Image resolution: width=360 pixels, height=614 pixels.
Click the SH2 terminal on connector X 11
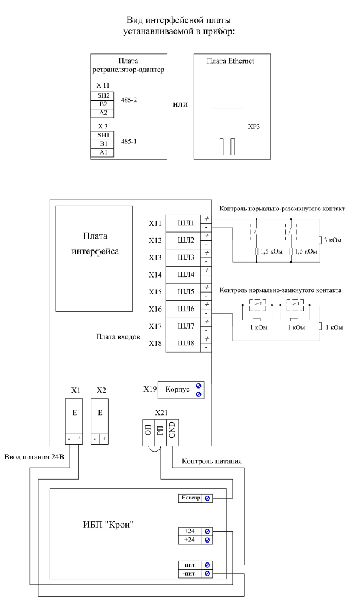point(102,96)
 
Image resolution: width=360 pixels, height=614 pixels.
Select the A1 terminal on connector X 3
point(102,153)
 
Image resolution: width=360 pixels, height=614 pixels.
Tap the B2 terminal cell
point(102,104)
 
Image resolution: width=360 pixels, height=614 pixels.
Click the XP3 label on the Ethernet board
point(253,127)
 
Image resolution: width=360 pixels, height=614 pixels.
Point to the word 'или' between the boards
point(180,104)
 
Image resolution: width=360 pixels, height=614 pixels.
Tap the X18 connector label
point(155,344)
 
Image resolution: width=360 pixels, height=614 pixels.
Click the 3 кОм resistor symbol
point(320,240)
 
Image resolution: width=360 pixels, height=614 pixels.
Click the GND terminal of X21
point(172,432)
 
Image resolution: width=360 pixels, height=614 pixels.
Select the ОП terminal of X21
point(148,432)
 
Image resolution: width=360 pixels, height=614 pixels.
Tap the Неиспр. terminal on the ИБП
point(190,498)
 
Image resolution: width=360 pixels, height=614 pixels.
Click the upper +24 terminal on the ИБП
point(190,531)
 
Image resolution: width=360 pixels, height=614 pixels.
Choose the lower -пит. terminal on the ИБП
point(190,574)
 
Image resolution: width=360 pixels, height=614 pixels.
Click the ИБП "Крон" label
point(109,524)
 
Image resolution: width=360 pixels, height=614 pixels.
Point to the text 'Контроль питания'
point(212,461)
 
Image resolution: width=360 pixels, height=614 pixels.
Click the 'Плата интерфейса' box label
point(95,243)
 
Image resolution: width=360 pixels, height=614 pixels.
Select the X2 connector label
point(101,390)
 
